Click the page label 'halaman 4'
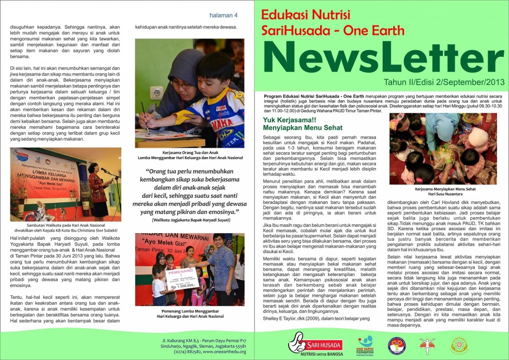tap(224, 15)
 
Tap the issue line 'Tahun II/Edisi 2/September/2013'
tap(443, 82)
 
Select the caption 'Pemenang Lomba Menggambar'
tap(189, 310)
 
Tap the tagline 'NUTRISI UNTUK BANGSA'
tap(316, 354)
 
